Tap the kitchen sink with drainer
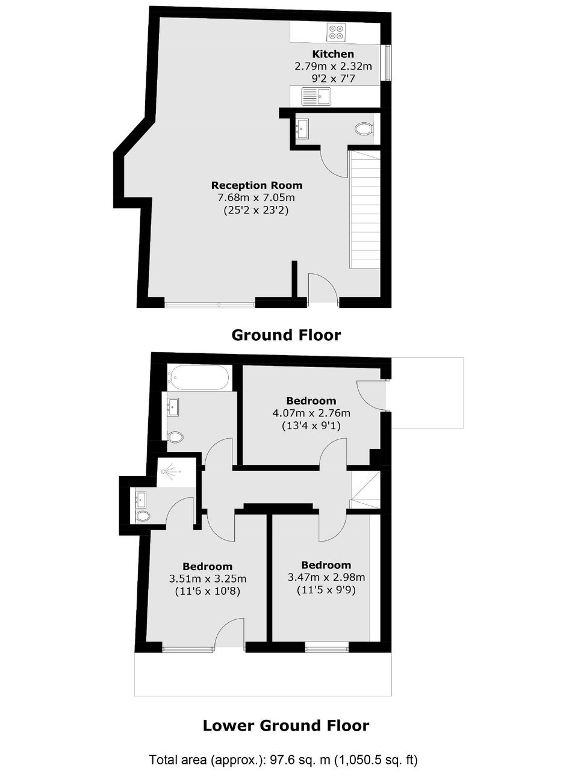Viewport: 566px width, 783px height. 316,96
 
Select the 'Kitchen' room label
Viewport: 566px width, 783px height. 332,54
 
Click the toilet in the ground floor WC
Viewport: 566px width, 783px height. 363,129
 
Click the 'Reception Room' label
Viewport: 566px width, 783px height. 257,185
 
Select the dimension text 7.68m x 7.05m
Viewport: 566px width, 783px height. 257,198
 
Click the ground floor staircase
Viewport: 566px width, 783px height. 364,209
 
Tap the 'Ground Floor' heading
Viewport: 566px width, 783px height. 286,335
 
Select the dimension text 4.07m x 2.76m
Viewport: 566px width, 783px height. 311,413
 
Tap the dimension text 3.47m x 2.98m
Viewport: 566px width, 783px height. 326,577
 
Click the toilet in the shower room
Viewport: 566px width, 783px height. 143,516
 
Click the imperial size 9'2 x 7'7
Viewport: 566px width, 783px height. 333,78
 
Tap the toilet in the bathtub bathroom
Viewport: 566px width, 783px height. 175,437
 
